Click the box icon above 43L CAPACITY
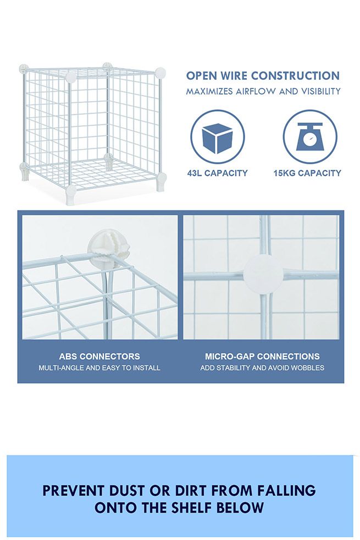coord(218,137)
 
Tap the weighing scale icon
coord(310,137)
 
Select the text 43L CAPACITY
coord(218,173)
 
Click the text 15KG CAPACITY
coord(307,173)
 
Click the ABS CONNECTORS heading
coord(99,357)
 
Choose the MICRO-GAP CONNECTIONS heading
coord(262,357)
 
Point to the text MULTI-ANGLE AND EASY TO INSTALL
coord(99,368)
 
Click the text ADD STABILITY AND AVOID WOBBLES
coord(262,368)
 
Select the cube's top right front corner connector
coord(159,73)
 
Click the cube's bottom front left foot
coord(71,194)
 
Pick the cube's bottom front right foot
coord(160,181)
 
